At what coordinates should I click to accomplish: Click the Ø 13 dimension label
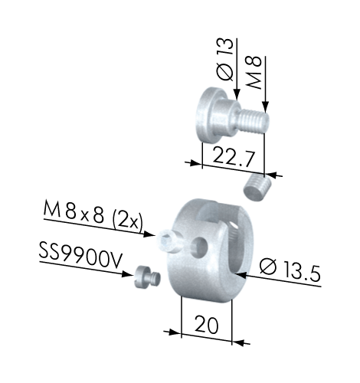225,60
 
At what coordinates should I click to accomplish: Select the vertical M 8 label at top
254,72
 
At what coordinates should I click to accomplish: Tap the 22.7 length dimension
234,158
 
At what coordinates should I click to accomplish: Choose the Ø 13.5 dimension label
290,270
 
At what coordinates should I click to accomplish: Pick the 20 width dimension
207,325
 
